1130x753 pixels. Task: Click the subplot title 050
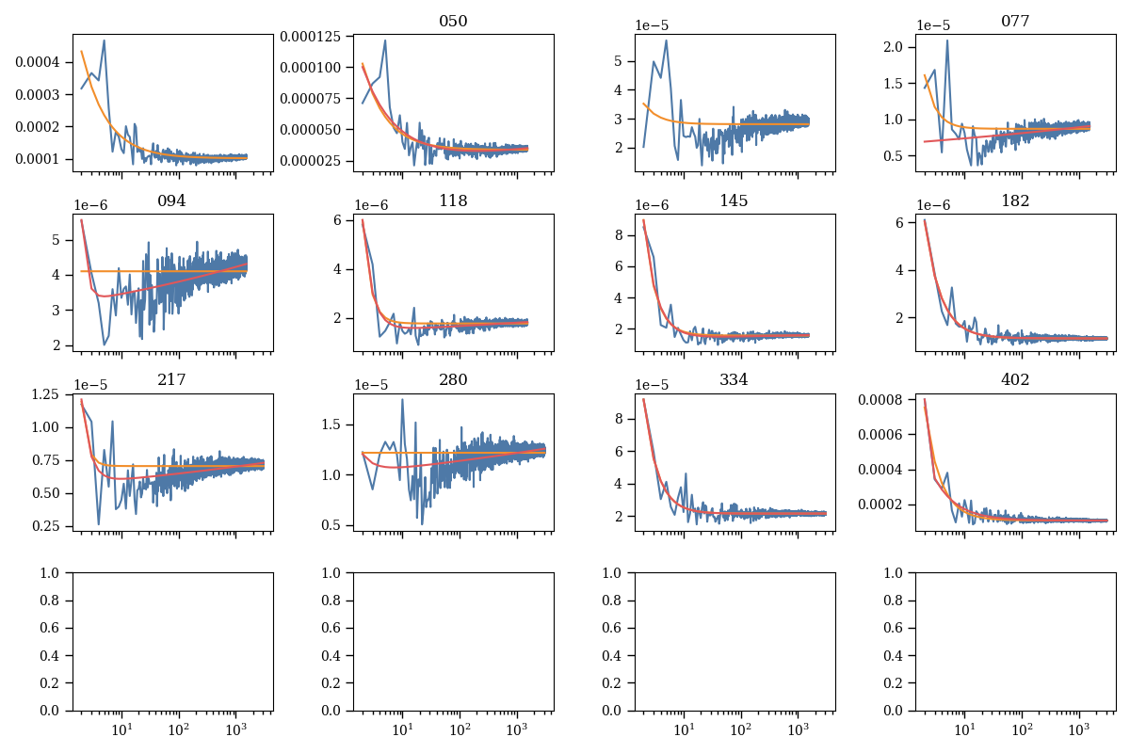click(453, 22)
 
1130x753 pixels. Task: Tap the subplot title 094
click(172, 200)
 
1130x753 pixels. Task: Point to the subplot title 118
click(453, 200)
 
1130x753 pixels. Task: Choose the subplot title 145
click(734, 200)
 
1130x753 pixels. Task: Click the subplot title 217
click(172, 379)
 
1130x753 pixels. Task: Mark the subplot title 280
click(453, 379)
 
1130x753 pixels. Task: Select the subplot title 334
click(734, 379)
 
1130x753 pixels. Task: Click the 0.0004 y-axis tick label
click(41, 62)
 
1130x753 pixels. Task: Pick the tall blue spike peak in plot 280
click(403, 399)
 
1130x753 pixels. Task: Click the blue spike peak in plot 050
click(385, 40)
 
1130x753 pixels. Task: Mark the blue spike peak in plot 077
click(947, 40)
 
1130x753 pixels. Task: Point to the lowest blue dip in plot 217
click(99, 523)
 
